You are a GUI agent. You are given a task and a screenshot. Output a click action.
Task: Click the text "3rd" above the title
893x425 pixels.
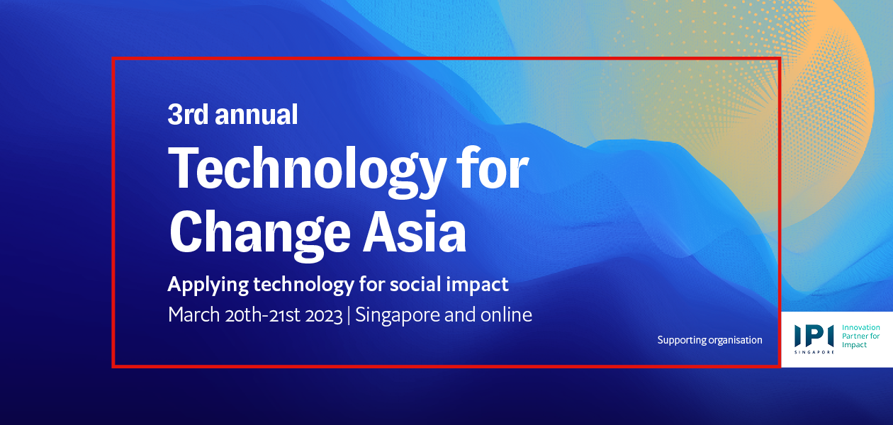point(188,114)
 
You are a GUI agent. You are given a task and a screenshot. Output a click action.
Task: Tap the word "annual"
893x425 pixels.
point(257,114)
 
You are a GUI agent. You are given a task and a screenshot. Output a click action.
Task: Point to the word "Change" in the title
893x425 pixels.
point(260,236)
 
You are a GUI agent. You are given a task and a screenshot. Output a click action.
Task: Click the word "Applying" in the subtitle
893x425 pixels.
point(208,285)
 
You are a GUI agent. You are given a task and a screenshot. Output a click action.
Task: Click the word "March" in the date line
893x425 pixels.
point(193,314)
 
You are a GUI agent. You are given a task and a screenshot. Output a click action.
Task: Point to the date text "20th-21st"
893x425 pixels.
point(262,315)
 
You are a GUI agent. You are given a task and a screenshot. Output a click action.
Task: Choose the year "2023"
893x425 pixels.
point(324,316)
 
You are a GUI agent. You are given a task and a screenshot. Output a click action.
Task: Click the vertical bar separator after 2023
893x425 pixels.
point(349,315)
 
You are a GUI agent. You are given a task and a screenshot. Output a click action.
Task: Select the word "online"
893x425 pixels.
point(506,314)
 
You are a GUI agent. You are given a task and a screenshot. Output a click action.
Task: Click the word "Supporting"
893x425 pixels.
point(682,341)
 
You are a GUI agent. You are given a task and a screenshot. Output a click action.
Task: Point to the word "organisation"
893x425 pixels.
point(736,341)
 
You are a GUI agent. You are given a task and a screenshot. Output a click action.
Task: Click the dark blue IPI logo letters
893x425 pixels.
point(814,336)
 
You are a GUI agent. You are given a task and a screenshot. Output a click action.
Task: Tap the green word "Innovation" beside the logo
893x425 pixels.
point(860,327)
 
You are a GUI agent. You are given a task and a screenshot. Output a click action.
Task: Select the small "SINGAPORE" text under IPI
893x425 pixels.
point(814,352)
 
